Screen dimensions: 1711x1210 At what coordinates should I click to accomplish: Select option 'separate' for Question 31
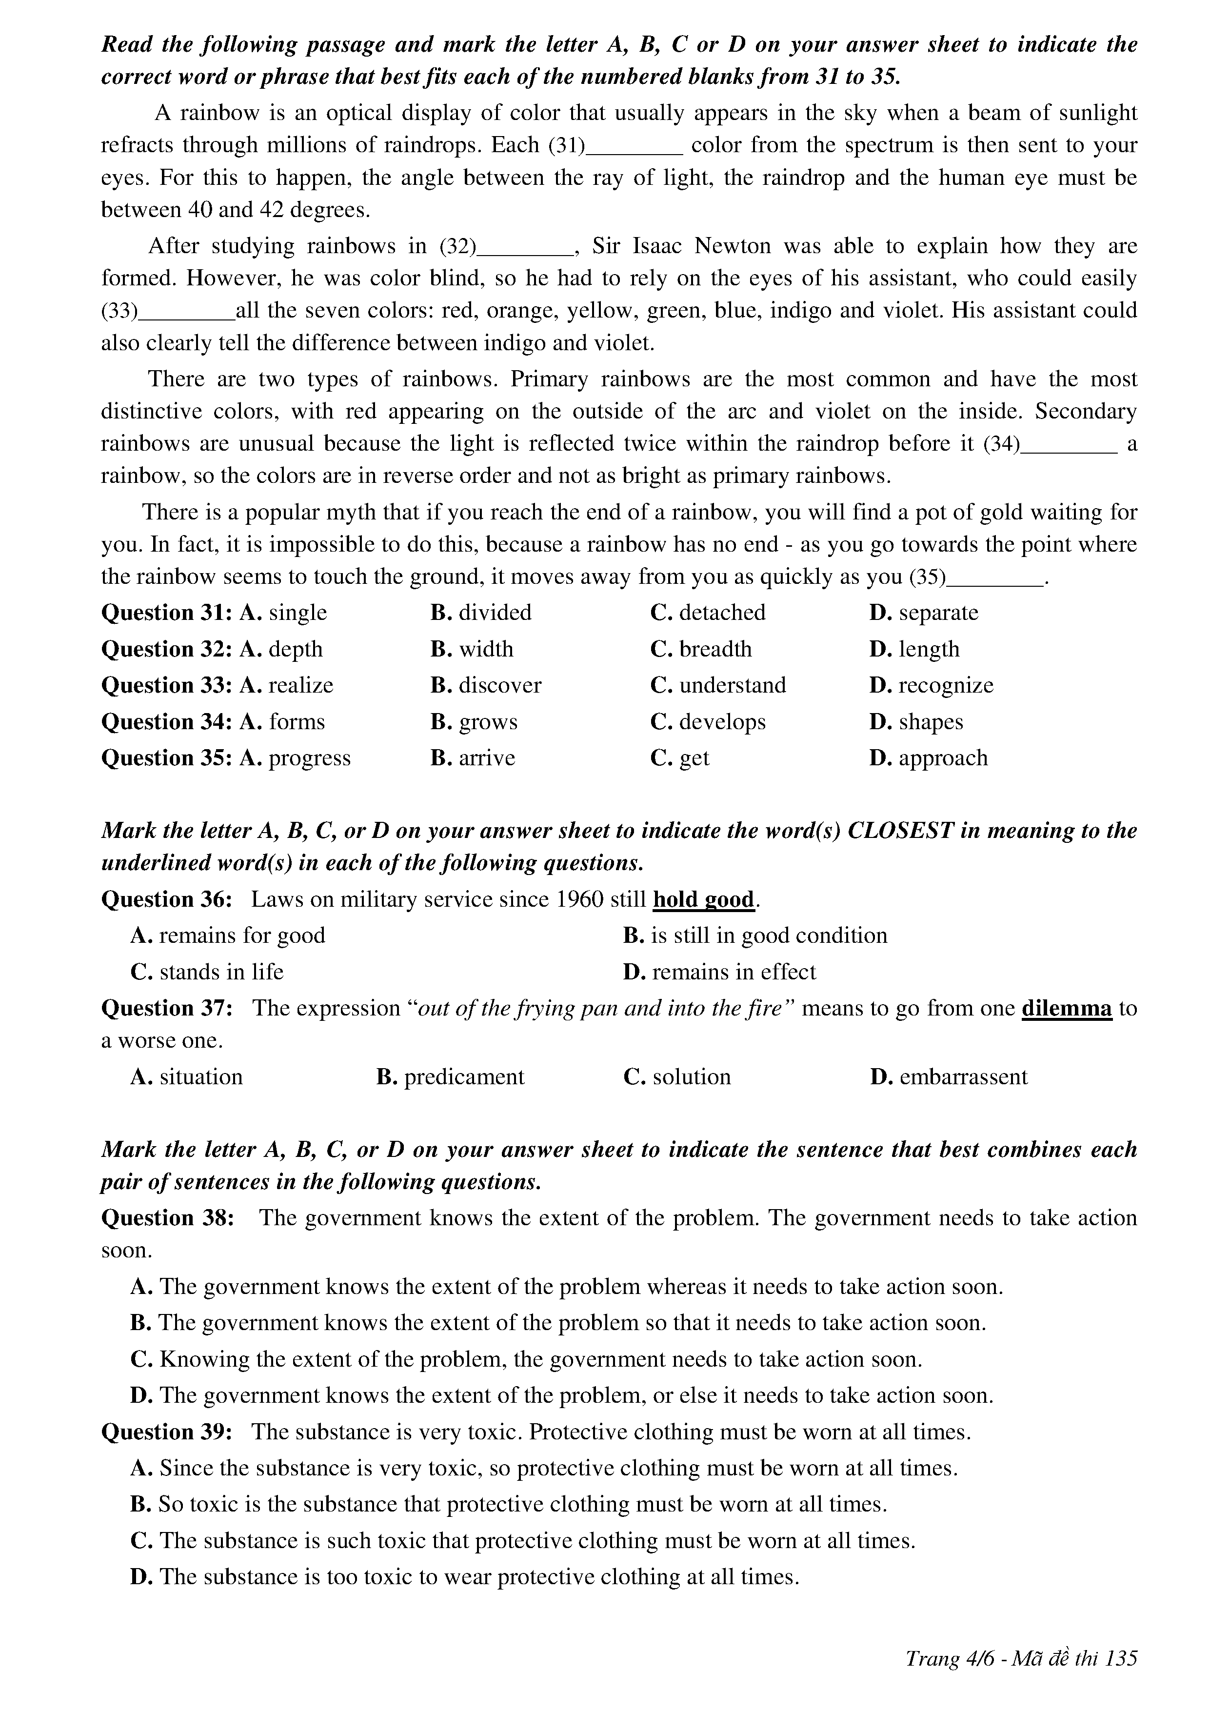(x=937, y=613)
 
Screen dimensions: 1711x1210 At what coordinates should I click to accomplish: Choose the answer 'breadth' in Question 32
(x=714, y=649)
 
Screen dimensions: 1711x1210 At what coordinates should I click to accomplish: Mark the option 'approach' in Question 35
(x=943, y=758)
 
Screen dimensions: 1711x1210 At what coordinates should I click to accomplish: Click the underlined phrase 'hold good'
(x=703, y=899)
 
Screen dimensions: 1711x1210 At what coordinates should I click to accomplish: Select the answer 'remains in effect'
(x=733, y=972)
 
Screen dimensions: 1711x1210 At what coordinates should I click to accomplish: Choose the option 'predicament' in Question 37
(x=463, y=1077)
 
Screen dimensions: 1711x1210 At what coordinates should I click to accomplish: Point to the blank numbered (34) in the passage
(x=1069, y=445)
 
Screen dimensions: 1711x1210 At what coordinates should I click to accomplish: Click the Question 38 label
(x=167, y=1218)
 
